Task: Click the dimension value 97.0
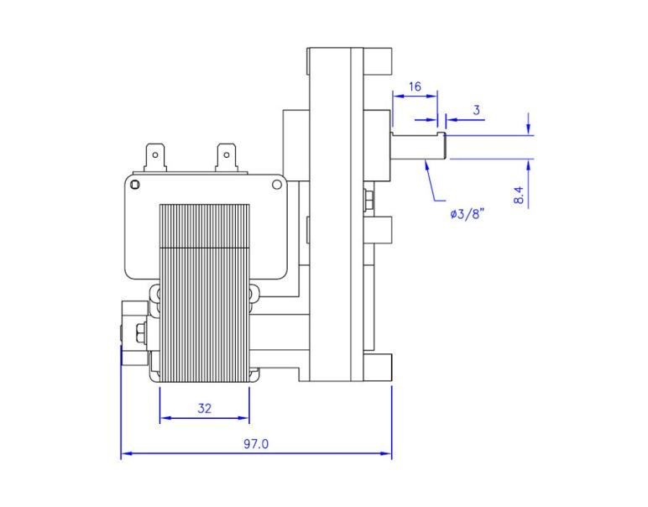[x=256, y=444]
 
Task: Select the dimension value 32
[x=204, y=408]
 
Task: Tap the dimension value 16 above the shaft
[x=415, y=86]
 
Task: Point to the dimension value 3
[x=477, y=110]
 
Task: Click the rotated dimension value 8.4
[x=519, y=196]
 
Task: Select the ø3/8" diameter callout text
[x=468, y=214]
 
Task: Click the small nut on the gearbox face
[x=369, y=201]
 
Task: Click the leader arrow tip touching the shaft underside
[x=426, y=161]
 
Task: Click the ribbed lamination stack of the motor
[x=204, y=294]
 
